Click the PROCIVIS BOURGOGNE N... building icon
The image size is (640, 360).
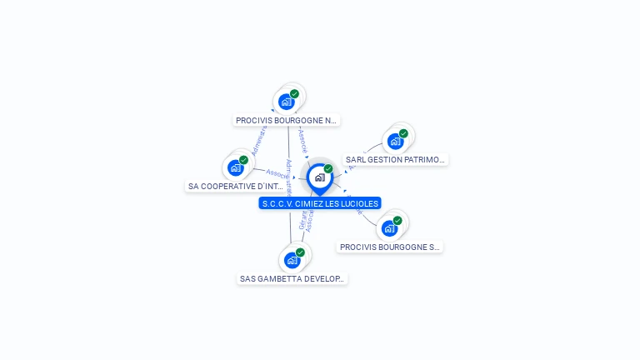pos(286,102)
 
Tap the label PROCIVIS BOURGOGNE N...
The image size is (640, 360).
pos(287,120)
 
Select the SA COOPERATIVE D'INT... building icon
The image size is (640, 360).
pos(236,167)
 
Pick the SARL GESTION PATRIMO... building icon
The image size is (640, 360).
pos(395,141)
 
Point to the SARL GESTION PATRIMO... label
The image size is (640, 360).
pos(396,159)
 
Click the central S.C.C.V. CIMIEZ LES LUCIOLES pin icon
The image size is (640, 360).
pos(319,177)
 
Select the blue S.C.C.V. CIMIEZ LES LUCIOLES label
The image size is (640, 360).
pos(320,203)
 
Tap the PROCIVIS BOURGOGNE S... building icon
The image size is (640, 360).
pos(389,228)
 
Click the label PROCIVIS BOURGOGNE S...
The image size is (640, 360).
pos(389,247)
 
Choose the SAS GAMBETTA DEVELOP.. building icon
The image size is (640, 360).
pos(292,260)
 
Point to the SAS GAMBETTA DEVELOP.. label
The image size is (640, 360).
pos(292,278)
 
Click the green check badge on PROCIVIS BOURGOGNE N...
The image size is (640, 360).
pos(294,94)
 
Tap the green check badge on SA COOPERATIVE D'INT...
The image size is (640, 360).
pos(243,160)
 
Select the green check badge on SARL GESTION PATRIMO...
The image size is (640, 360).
pos(403,133)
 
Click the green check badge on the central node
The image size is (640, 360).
pos(328,169)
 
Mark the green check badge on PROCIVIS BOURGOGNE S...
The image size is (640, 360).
pos(397,221)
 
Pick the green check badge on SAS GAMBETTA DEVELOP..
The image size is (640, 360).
pos(300,252)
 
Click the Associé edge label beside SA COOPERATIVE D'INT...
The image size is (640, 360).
pos(276,173)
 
